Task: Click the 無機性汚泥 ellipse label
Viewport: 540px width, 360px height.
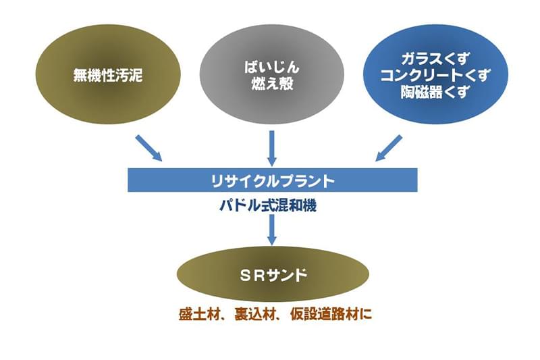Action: (108, 75)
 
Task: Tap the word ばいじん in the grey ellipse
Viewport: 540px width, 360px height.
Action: (272, 67)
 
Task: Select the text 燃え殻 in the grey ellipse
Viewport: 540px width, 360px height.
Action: (272, 84)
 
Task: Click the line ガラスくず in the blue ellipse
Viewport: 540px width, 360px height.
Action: (435, 59)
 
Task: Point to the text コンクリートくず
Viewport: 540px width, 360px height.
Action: (435, 75)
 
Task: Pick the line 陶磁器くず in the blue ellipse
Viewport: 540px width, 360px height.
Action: (435, 91)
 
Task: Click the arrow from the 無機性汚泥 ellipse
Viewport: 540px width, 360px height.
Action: (148, 148)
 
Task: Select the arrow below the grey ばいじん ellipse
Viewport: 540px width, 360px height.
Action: (272, 148)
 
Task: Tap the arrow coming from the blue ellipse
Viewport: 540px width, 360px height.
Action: (389, 148)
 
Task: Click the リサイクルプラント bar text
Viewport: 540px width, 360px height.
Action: (273, 180)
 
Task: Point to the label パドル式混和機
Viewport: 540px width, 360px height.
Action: (268, 206)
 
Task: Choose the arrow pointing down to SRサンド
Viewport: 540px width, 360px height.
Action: (272, 230)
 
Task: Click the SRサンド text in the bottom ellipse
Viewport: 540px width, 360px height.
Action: (273, 276)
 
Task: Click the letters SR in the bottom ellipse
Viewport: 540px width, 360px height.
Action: (254, 276)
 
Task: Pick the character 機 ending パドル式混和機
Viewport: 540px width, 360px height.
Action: (310, 206)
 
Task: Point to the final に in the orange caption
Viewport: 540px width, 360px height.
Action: (366, 315)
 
